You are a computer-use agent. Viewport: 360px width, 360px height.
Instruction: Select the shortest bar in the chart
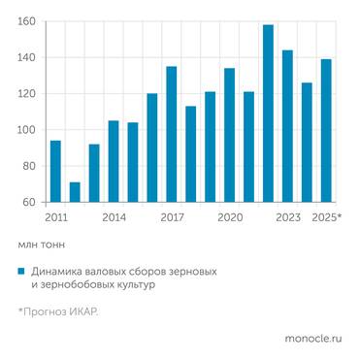(x=75, y=192)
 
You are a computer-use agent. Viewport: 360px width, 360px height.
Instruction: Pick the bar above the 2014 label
(x=114, y=162)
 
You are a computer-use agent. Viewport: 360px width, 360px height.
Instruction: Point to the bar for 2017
(x=172, y=135)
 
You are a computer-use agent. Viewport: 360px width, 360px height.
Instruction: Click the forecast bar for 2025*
(x=326, y=131)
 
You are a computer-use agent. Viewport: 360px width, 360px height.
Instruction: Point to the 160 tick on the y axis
(x=28, y=21)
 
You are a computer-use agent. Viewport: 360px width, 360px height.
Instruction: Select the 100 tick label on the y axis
(x=28, y=130)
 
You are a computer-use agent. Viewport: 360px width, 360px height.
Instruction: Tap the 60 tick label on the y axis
(x=30, y=202)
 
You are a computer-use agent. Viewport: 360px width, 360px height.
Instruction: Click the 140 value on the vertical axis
(x=28, y=58)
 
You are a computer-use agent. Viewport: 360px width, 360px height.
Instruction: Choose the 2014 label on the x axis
(x=114, y=217)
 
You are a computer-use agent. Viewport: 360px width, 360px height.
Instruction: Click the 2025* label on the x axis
(x=326, y=217)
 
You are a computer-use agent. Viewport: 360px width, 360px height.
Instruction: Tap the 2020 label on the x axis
(x=229, y=217)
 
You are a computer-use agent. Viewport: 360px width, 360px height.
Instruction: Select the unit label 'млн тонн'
(x=41, y=245)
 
